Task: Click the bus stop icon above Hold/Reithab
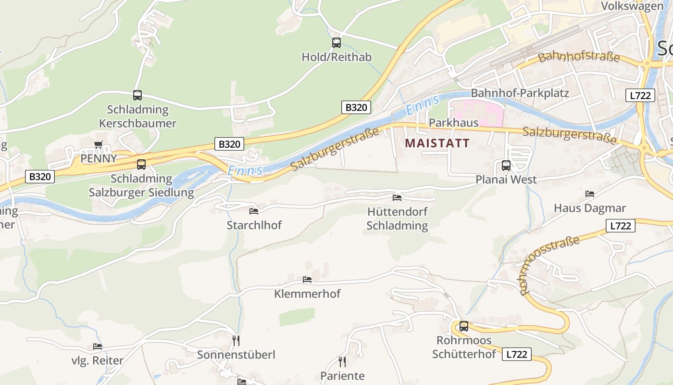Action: (x=336, y=43)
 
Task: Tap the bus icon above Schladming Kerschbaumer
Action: (x=137, y=95)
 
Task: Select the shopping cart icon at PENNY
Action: (x=99, y=144)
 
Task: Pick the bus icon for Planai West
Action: (x=506, y=166)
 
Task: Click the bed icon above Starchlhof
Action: (x=254, y=211)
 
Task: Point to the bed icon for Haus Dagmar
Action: (x=590, y=194)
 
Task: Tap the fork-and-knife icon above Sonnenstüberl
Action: (x=236, y=340)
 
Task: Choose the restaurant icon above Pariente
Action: (x=342, y=361)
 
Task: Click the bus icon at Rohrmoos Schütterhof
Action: (x=464, y=326)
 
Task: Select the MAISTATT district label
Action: (x=437, y=143)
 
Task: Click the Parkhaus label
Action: (x=453, y=123)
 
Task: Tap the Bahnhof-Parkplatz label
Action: (x=520, y=93)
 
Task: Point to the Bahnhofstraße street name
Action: (x=579, y=57)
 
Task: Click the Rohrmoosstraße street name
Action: (x=549, y=265)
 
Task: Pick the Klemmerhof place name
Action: (x=307, y=294)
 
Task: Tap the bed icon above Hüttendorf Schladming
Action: (x=397, y=197)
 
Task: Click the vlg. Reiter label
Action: (x=98, y=360)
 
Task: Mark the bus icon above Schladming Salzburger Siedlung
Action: (x=141, y=165)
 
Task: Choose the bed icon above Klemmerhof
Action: (x=307, y=280)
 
